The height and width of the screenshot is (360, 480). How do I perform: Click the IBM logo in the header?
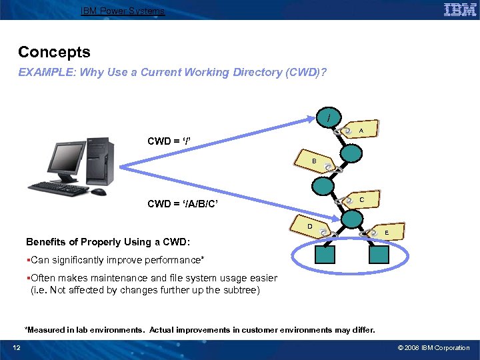pos(459,10)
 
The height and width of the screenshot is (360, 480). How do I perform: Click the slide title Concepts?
pos(54,52)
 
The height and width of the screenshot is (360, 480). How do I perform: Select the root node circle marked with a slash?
pos(328,120)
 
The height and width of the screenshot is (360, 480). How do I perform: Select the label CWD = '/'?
pos(170,141)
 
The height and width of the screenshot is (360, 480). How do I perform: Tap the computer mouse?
pos(98,192)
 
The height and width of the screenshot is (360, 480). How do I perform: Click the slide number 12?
pos(17,347)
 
